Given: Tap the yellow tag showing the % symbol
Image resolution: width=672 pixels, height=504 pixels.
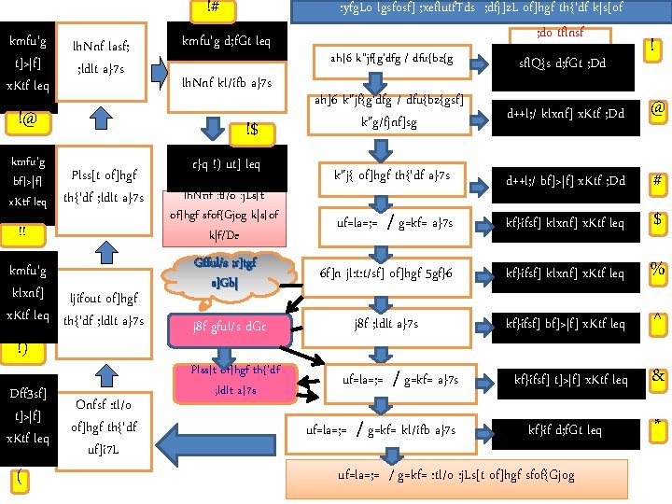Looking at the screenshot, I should click(x=657, y=270).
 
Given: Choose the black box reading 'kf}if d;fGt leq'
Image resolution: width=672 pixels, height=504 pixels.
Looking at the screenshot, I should click(x=567, y=430).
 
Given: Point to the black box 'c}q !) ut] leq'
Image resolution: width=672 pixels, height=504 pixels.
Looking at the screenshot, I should click(x=227, y=165).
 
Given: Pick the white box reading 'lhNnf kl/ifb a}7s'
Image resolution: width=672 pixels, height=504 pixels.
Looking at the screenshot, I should click(x=227, y=83).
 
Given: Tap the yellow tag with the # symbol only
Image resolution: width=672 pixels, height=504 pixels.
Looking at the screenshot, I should click(x=657, y=180).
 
